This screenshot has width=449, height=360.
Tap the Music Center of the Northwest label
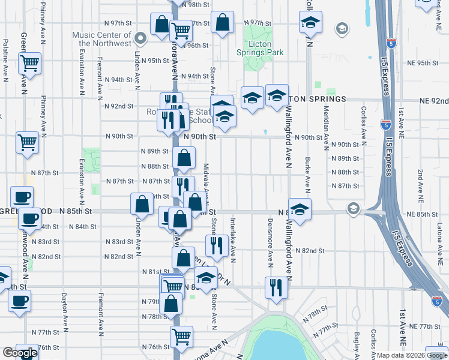coord(101,39)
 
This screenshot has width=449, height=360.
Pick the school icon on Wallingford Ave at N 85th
coord(300,208)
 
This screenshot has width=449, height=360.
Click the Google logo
coord(20,353)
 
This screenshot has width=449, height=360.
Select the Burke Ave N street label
coord(307,171)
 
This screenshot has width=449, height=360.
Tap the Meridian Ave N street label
coord(326,128)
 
